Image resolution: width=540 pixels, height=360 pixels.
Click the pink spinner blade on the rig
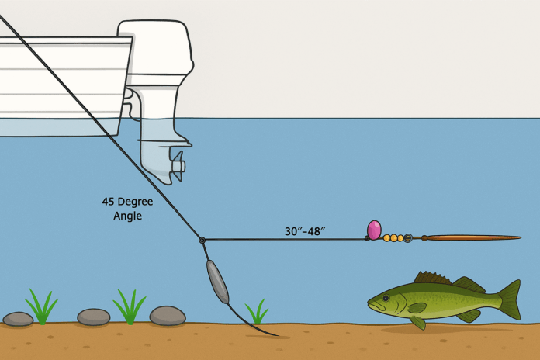[x=374, y=230]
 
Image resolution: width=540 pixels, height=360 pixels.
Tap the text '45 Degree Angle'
[x=127, y=208]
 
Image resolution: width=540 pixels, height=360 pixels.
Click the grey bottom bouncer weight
[x=216, y=282]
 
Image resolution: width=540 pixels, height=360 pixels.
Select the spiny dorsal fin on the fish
[x=432, y=278]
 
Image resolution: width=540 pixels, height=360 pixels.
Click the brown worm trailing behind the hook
[x=473, y=237]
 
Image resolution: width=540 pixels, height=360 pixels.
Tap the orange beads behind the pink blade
[x=393, y=238]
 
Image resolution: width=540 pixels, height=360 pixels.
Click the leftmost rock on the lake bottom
[x=18, y=318]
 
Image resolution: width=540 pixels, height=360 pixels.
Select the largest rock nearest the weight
[x=168, y=315]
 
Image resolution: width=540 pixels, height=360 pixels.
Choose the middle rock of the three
[x=94, y=317]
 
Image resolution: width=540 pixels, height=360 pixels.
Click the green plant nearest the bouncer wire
[x=256, y=313]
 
